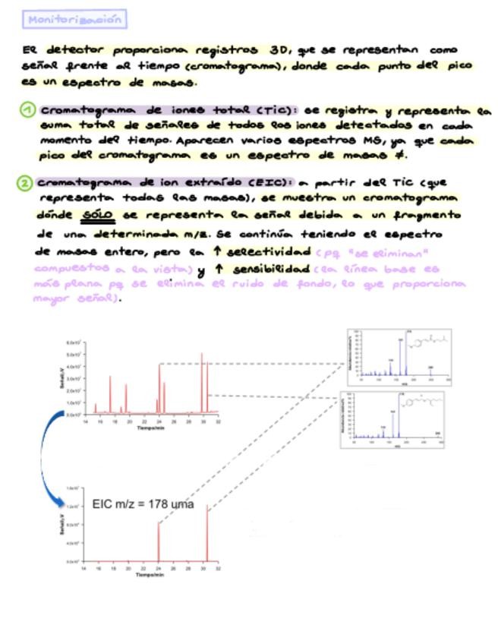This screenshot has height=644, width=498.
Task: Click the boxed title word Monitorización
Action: [x=74, y=21]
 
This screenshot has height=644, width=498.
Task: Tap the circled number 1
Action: [x=28, y=111]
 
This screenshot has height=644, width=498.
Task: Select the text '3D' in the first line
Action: [x=279, y=50]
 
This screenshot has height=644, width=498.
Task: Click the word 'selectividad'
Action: [x=269, y=251]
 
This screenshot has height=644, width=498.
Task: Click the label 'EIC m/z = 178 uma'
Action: [x=143, y=504]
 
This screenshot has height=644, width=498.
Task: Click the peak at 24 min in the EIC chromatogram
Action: [x=159, y=541]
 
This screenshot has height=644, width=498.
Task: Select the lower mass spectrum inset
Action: [x=392, y=418]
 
